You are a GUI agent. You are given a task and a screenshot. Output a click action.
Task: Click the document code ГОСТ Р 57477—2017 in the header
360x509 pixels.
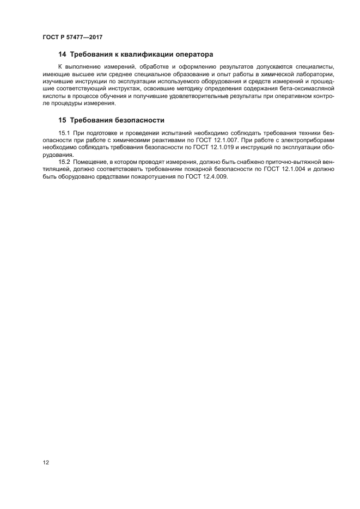click(x=72, y=37)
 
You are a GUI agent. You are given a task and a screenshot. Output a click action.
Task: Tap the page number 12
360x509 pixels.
click(x=46, y=462)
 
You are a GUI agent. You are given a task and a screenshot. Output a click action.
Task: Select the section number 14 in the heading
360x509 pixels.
click(x=62, y=54)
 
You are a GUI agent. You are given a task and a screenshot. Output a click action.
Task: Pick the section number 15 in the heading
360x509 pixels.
click(x=62, y=120)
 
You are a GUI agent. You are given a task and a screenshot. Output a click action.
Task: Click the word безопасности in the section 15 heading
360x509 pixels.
click(x=137, y=120)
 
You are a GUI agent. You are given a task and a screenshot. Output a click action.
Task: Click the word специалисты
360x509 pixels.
click(x=315, y=66)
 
